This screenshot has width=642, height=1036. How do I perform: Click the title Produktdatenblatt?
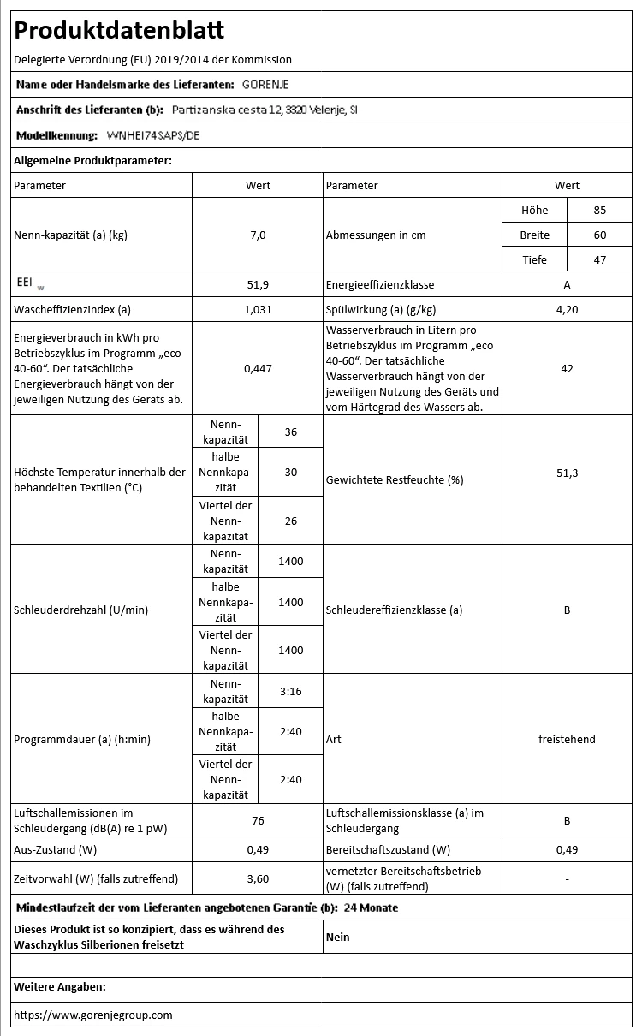click(119, 31)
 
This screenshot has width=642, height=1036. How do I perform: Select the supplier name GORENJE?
click(265, 84)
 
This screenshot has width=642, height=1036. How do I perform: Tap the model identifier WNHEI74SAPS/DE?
click(154, 135)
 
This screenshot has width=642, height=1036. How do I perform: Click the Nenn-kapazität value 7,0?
click(258, 235)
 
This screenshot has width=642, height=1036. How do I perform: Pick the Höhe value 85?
click(599, 210)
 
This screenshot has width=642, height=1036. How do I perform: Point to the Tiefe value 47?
click(599, 259)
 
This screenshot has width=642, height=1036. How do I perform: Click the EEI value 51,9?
click(258, 284)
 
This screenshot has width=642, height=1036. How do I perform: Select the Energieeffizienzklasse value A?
click(567, 284)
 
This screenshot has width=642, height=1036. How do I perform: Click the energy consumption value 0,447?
click(258, 368)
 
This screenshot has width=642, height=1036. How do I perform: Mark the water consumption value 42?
click(567, 368)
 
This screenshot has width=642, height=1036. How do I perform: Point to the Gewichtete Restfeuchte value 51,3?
click(567, 479)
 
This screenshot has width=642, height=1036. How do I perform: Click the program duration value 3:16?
click(290, 691)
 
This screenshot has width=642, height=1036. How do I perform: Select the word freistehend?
click(567, 739)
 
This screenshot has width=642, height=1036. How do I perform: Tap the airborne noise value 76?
click(258, 820)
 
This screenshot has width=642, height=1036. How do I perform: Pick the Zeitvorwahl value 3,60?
click(258, 878)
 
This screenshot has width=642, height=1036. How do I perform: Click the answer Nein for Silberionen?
click(338, 937)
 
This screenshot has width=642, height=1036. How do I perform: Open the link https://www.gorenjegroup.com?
click(93, 1015)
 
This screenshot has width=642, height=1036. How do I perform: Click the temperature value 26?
click(290, 520)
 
